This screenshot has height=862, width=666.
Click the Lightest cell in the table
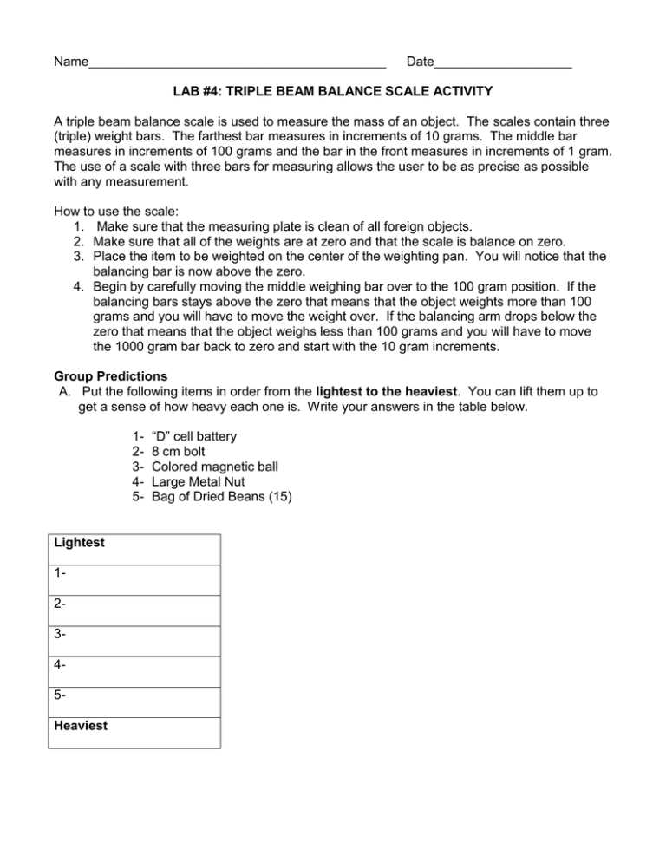[x=134, y=549]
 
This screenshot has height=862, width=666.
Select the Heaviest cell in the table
[x=134, y=732]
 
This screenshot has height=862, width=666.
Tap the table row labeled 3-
[x=134, y=640]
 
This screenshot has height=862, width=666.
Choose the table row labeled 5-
[x=134, y=702]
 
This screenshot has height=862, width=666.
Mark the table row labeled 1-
[x=134, y=579]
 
